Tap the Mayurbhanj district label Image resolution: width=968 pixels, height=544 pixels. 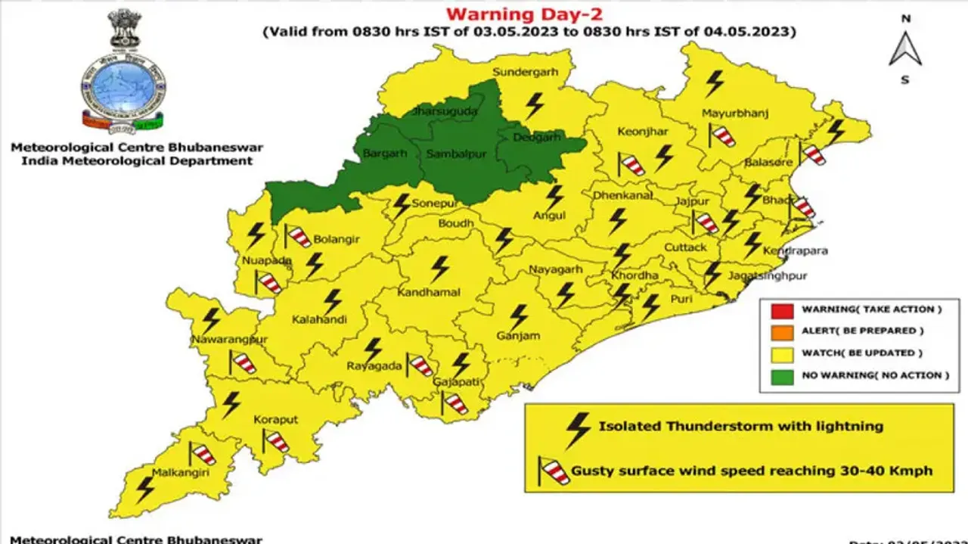click(x=735, y=113)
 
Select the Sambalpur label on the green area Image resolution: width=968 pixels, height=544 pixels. click(x=455, y=154)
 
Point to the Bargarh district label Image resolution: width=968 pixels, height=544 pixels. click(x=385, y=153)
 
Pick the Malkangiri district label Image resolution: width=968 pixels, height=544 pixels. click(x=180, y=473)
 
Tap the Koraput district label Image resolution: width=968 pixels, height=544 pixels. click(x=276, y=419)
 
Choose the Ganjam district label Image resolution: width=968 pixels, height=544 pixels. click(x=517, y=335)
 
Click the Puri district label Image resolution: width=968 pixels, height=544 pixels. click(x=681, y=299)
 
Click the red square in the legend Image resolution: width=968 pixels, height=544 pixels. click(x=783, y=309)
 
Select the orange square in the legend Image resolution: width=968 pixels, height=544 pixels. click(x=783, y=331)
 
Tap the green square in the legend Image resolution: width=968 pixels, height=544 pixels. click(x=783, y=375)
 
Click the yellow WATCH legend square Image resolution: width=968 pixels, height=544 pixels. click(x=783, y=353)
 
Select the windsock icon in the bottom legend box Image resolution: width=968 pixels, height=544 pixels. click(x=554, y=471)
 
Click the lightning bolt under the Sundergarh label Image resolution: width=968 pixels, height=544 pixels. click(x=535, y=104)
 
